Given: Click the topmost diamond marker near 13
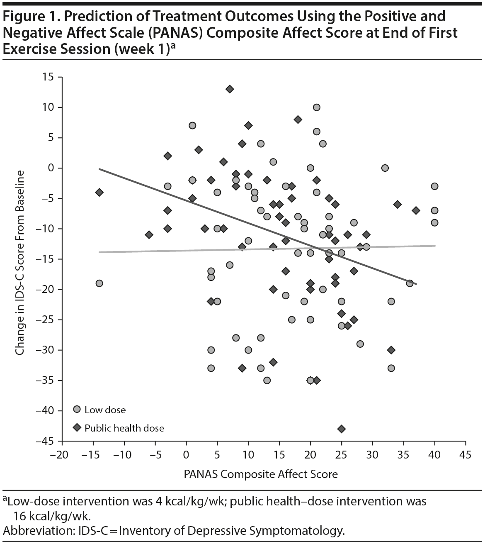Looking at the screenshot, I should click(230, 89).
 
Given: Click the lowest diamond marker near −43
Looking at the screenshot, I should click(341, 429).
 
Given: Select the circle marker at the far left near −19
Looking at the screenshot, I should click(99, 283).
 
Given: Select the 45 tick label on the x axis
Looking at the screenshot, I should click(466, 455).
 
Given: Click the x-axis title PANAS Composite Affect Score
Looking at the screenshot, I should click(261, 474).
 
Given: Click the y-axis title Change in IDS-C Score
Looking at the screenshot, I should click(19, 263).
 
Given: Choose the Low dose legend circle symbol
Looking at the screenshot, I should click(77, 410).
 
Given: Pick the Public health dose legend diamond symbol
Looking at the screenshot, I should click(77, 427).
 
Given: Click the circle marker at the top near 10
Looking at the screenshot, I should click(316, 107).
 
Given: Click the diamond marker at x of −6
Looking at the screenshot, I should click(149, 235).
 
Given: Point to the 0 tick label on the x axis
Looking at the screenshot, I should click(186, 455).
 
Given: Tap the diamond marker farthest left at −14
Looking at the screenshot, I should click(99, 192).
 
